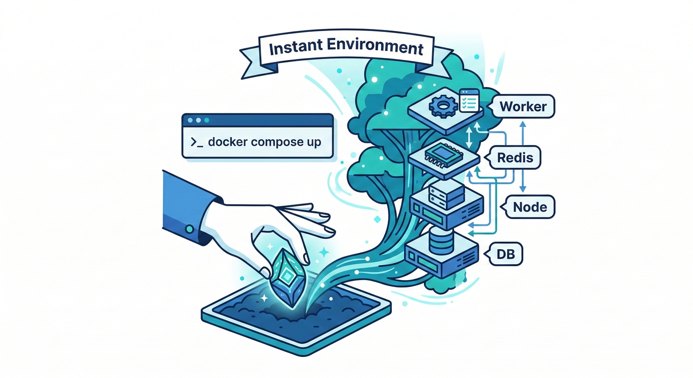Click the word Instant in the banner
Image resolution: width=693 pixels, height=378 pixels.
point(293,50)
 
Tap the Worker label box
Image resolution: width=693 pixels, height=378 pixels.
point(523,106)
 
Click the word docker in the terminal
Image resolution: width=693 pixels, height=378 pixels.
point(228,142)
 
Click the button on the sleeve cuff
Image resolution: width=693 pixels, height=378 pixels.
point(189,228)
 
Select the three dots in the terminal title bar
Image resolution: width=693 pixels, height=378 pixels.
point(198,120)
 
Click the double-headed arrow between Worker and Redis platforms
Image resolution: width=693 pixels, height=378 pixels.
point(469,135)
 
